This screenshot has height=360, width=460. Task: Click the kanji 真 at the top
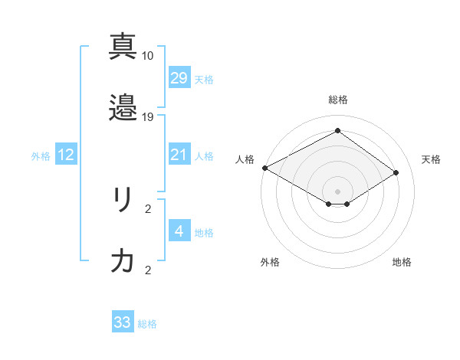click(123, 47)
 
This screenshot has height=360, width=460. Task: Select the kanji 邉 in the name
click(123, 107)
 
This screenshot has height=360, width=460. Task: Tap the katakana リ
click(123, 200)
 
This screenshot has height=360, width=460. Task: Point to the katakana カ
click(123, 261)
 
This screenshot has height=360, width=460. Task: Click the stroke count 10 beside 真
click(148, 56)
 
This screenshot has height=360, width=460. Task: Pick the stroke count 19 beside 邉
click(148, 117)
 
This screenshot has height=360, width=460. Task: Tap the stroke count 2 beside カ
click(148, 270)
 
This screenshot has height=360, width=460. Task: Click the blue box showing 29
click(179, 78)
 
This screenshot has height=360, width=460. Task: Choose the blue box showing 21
click(179, 155)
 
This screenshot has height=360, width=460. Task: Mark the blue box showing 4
click(179, 231)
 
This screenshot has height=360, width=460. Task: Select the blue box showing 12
click(66, 155)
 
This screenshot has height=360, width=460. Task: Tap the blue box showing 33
click(123, 322)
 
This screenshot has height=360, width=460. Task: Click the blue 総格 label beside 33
click(147, 324)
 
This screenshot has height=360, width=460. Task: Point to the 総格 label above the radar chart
click(337, 100)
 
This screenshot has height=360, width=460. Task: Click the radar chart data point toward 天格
click(396, 173)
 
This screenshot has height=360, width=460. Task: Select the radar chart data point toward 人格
click(264, 168)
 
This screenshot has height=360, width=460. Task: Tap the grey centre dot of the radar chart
click(337, 191)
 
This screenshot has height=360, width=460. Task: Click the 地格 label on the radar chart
click(402, 262)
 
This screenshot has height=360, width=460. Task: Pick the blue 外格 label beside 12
click(41, 156)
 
